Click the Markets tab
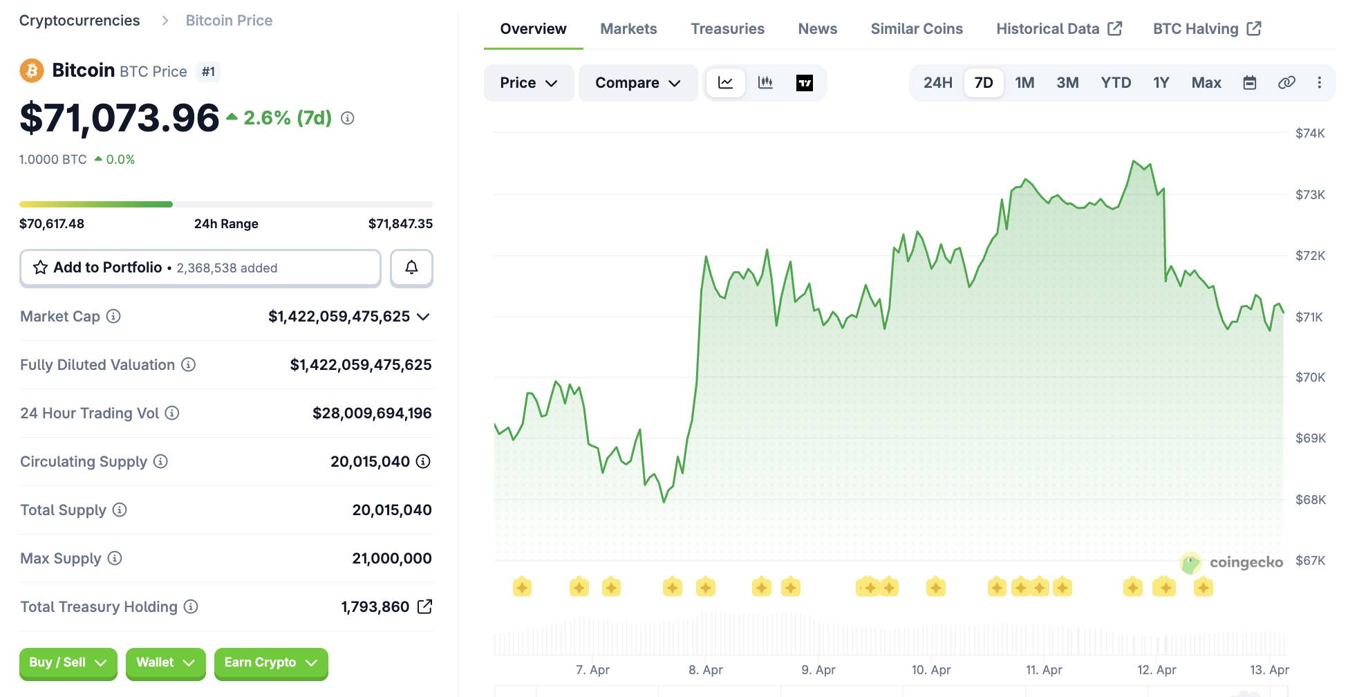628,29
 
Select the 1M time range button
1024,83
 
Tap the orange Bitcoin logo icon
32,71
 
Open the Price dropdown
528,83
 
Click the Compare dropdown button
637,83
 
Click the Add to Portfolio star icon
41,268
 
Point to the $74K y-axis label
1309,133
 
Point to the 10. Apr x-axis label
930,669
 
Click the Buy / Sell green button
68,662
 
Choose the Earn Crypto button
270,662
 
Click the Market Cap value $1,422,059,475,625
339,317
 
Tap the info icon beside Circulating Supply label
160,461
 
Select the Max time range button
1206,83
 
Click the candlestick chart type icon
765,83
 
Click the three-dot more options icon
1319,83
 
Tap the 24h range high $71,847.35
400,223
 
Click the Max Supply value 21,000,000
391,558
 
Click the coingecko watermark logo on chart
1233,562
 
